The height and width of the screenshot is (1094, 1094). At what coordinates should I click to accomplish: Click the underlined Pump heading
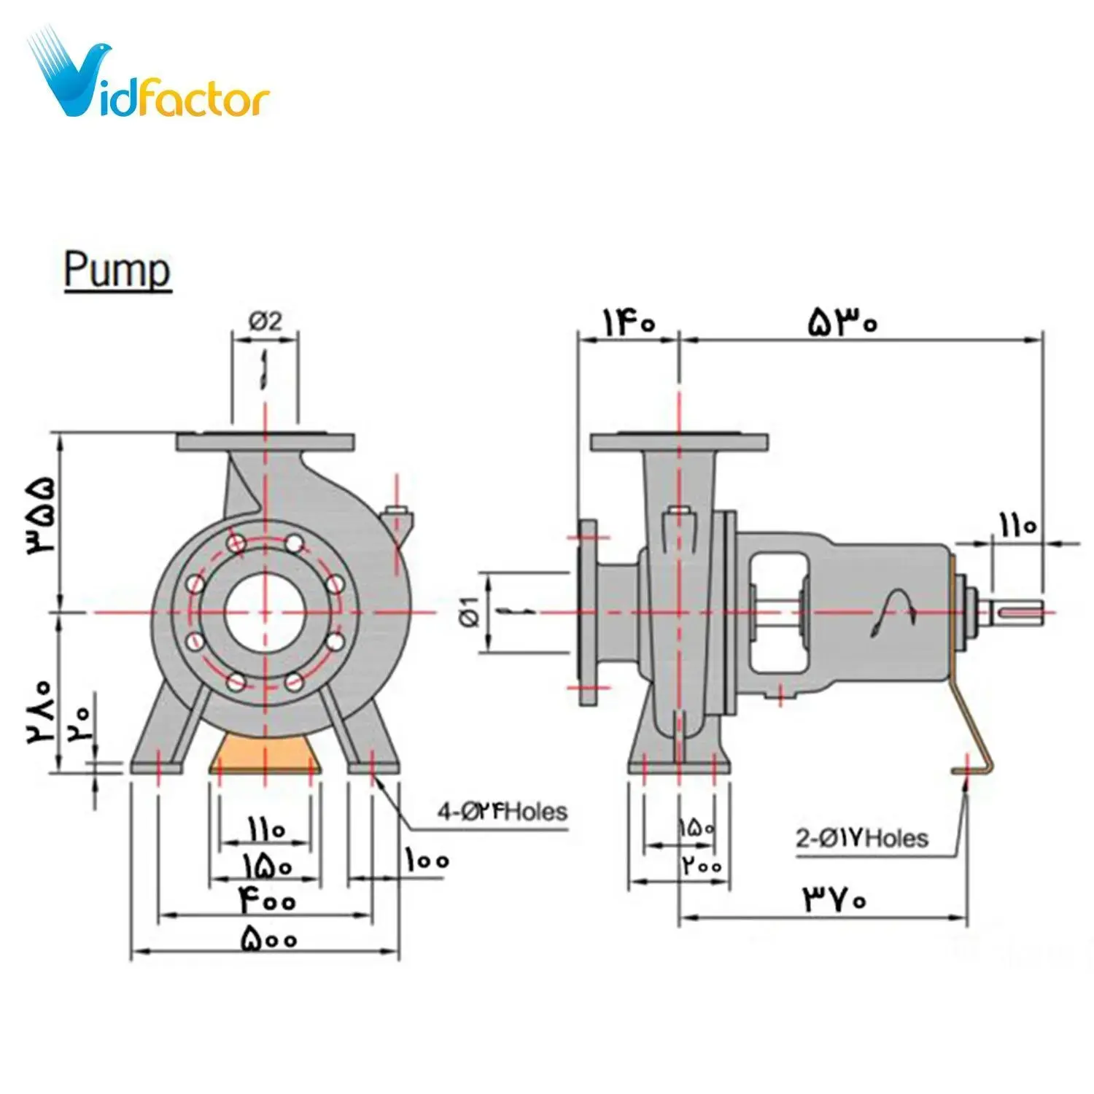(x=117, y=271)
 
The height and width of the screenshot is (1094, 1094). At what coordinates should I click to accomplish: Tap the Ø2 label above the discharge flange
(x=265, y=321)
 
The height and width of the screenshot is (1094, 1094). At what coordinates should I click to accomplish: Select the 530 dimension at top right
(x=842, y=322)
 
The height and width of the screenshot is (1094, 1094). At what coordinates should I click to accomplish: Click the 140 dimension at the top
(x=628, y=322)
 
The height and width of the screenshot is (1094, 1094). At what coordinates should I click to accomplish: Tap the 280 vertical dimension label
(x=40, y=711)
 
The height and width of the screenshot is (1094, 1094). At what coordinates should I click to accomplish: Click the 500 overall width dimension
(x=268, y=938)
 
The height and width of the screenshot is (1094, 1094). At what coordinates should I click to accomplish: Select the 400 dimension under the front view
(x=265, y=900)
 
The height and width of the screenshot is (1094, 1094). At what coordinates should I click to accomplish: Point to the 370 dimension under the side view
(x=835, y=899)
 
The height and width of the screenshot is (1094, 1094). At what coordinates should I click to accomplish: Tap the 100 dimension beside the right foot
(x=427, y=861)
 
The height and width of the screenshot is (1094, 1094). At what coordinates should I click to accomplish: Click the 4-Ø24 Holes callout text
(x=502, y=811)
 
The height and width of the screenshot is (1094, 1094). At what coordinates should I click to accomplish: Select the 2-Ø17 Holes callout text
(x=861, y=838)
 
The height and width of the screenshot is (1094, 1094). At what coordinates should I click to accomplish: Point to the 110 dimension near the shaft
(x=1017, y=524)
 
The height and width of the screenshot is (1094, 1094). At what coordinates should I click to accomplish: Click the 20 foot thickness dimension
(x=80, y=722)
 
